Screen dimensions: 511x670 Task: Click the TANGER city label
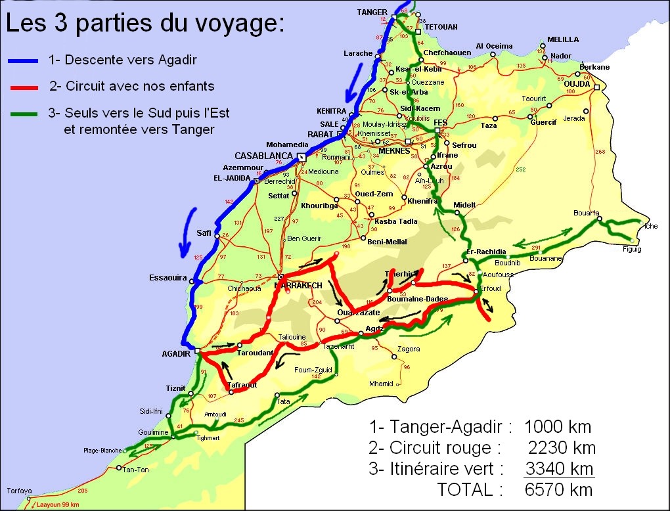[372, 12]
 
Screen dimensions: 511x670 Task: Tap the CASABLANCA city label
[263, 156]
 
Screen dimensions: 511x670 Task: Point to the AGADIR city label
[175, 353]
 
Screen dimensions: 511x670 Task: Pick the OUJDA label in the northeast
[577, 83]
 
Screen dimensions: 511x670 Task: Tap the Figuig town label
[632, 250]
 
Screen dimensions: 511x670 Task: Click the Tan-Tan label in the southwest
[135, 468]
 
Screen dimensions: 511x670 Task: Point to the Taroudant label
[255, 353]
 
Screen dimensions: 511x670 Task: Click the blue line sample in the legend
[24, 62]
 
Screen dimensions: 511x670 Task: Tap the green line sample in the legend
[24, 114]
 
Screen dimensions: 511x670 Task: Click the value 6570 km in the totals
[559, 489]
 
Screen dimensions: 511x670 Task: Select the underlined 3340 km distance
[559, 468]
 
